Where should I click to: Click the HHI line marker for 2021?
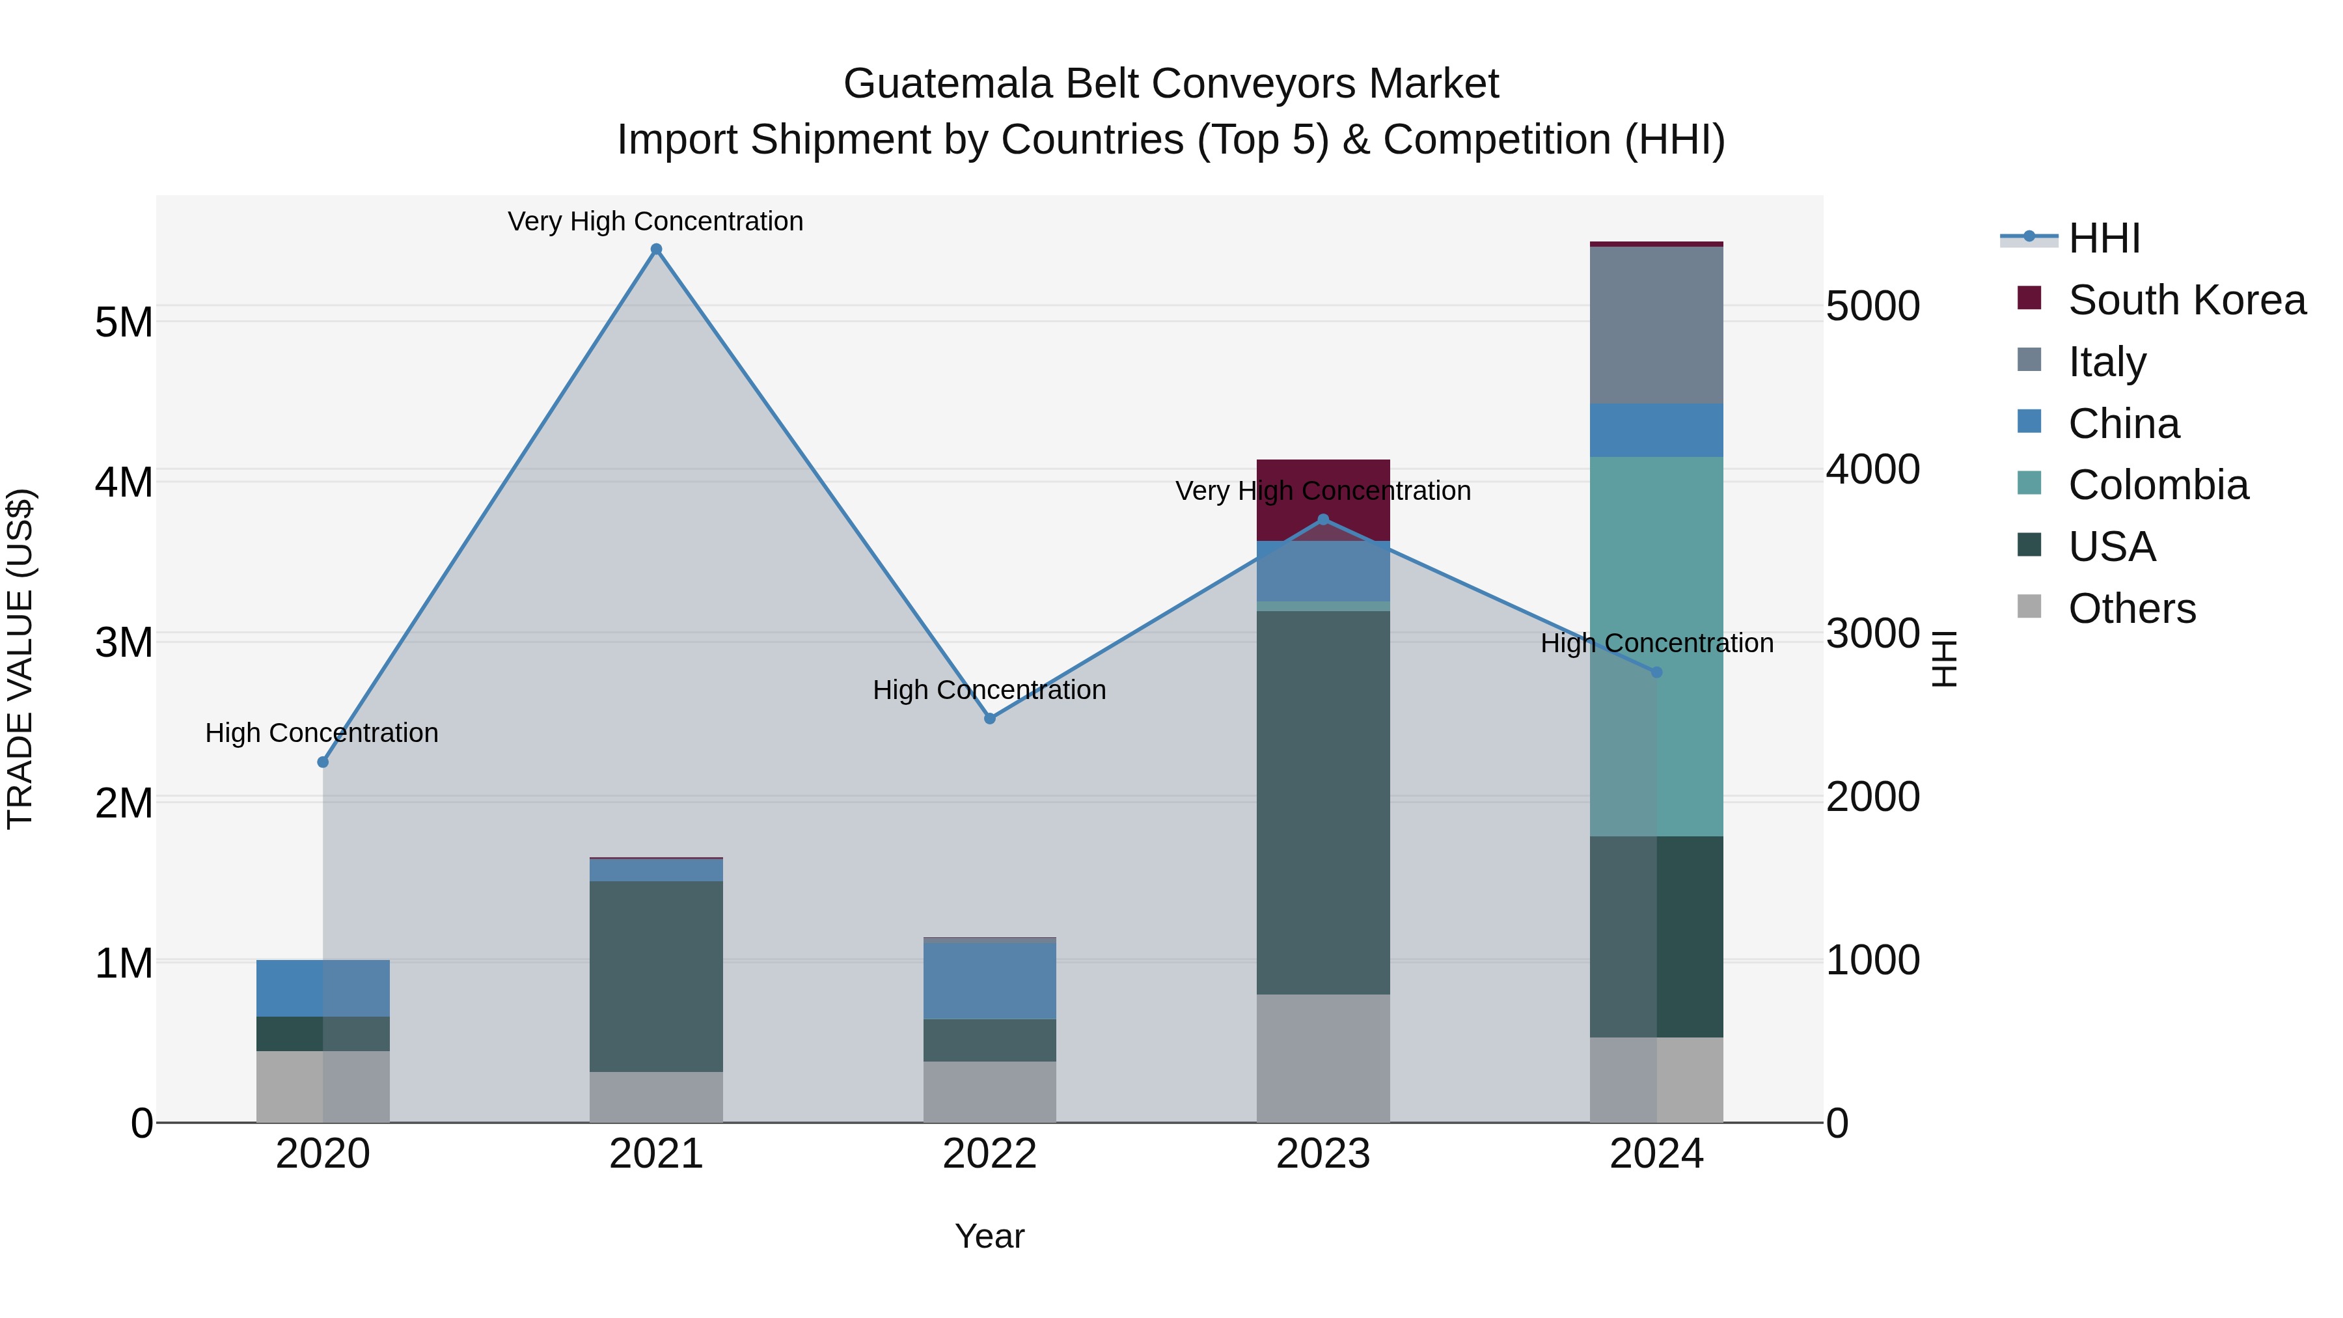(x=656, y=249)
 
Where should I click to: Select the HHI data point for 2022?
(x=989, y=719)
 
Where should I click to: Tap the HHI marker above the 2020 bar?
(x=323, y=762)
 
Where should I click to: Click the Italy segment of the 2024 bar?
(x=1656, y=325)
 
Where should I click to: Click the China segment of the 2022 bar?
(x=989, y=981)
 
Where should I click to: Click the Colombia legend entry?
(x=2157, y=485)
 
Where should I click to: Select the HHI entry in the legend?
(x=2103, y=238)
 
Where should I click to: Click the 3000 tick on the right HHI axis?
(x=1872, y=633)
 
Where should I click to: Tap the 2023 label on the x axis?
(x=1322, y=1154)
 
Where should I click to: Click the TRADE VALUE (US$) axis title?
(x=20, y=659)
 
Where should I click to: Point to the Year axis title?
(x=989, y=1236)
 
